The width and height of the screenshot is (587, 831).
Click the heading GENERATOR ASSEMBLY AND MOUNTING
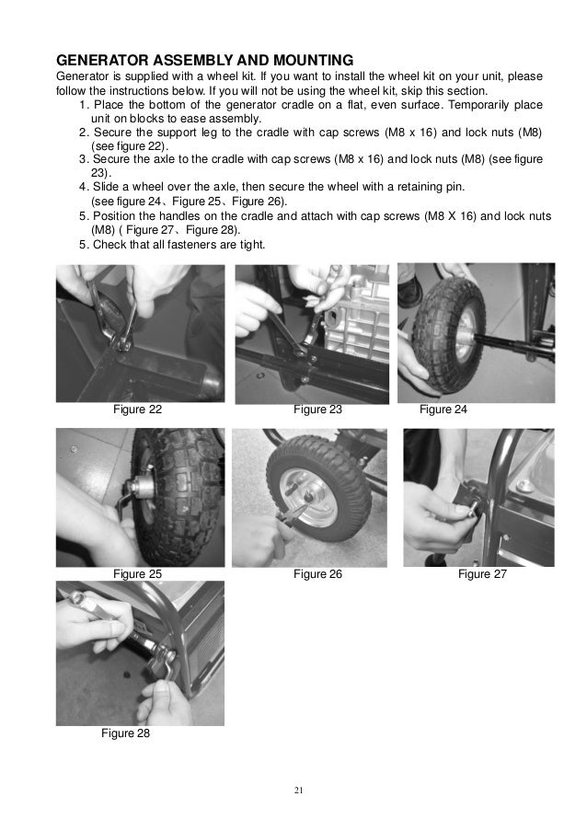(204, 60)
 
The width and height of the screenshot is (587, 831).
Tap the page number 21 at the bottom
(298, 791)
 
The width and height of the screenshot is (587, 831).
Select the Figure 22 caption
(137, 410)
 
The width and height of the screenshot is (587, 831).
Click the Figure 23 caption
(317, 410)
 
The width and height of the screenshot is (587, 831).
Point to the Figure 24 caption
(443, 410)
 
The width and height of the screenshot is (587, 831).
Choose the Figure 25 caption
(137, 574)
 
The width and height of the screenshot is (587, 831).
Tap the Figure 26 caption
(317, 574)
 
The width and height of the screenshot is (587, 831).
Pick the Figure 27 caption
(482, 574)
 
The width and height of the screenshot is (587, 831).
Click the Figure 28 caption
(125, 733)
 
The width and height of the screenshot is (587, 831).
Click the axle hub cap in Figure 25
(139, 487)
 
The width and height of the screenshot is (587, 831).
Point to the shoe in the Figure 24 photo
(409, 290)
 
